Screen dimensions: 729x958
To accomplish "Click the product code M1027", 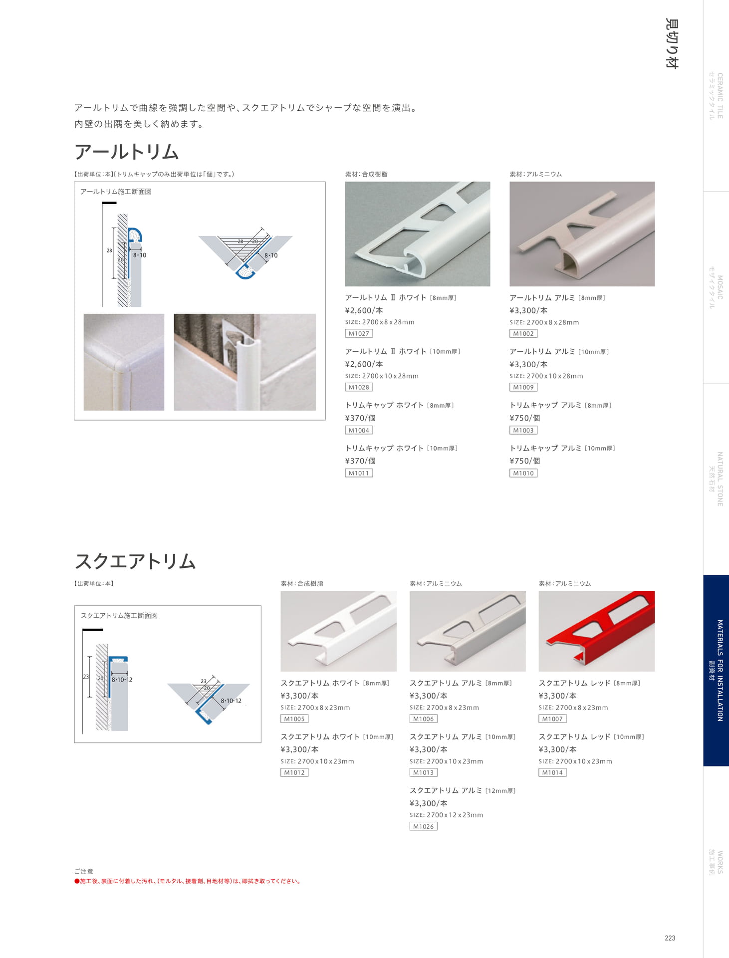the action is point(359,333).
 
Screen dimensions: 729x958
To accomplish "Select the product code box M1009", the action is point(523,387).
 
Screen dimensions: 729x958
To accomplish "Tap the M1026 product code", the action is point(423,826).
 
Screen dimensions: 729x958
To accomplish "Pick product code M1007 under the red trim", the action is point(552,719).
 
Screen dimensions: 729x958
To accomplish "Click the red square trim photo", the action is point(596,631).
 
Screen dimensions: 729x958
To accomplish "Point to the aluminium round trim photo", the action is point(582,234).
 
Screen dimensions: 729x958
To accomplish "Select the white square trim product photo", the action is point(338,631).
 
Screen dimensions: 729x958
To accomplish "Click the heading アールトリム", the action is point(127,152).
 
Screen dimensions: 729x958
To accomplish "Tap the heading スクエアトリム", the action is point(135,561).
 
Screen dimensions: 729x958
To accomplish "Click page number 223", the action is point(670,938).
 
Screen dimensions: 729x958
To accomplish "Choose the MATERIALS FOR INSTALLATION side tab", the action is point(716,670).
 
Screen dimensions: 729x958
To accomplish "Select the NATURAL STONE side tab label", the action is point(716,479).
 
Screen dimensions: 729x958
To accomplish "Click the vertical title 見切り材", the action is point(672,43).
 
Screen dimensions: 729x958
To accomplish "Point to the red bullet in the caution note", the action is point(77,881).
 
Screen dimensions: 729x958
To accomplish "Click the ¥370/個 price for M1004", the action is point(360,418).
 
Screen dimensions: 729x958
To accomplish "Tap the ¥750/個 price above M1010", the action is point(524,461).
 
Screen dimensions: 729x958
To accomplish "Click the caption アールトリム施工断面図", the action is point(116,192).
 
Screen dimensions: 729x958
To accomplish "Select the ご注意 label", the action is point(84,871).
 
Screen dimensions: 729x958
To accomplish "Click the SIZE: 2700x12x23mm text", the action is point(446,815).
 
